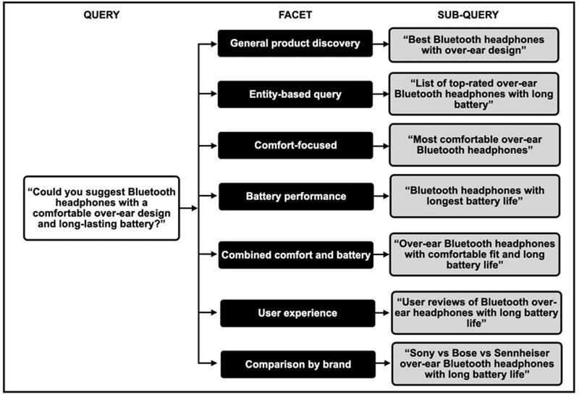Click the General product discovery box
pos(295,43)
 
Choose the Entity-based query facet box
pos(295,93)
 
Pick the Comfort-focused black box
pos(295,145)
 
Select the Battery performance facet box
pos(295,196)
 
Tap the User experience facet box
pos(297,313)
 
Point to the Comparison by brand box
pos(297,364)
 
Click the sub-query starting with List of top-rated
pos(475,93)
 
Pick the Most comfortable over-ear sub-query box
pos(475,144)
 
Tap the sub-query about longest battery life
pos(475,196)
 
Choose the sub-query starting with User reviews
pos(476,312)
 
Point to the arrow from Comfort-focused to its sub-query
pos(381,145)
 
